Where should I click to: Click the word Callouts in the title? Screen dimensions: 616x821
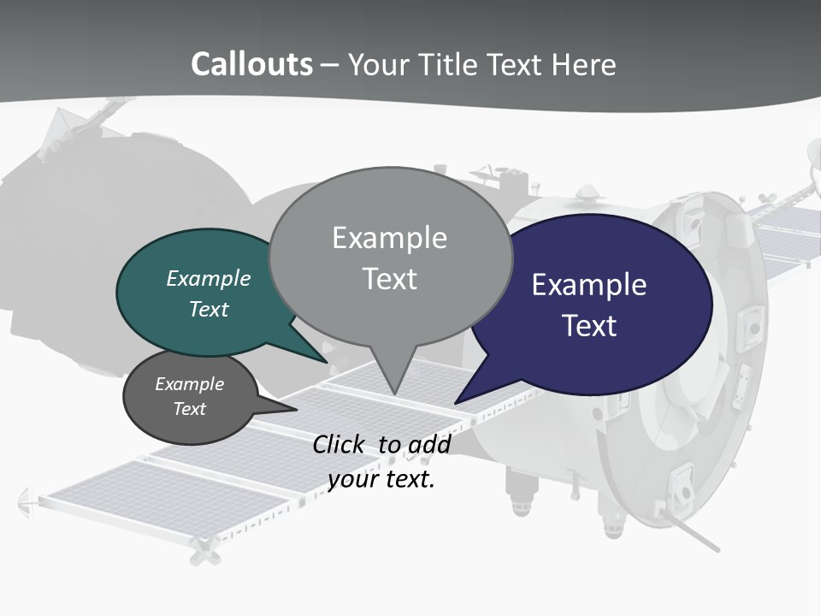(251, 64)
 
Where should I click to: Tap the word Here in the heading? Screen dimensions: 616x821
(584, 64)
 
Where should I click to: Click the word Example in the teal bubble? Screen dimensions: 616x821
(208, 278)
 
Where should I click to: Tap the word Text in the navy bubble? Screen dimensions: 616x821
(590, 326)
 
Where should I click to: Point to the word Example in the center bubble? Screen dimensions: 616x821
(390, 238)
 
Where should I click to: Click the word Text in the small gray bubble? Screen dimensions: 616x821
(189, 409)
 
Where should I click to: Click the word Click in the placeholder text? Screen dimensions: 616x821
(338, 444)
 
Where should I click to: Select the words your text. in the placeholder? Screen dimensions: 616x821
(381, 479)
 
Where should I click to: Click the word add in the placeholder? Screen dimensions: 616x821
(428, 444)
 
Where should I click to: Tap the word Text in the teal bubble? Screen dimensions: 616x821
(208, 309)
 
